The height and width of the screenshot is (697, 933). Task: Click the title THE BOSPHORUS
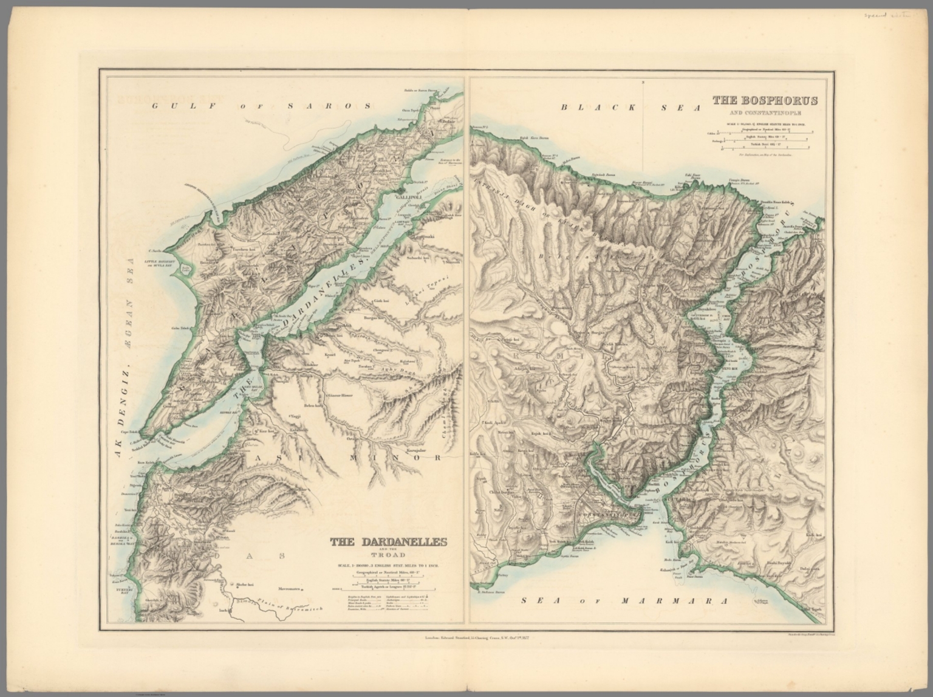765,101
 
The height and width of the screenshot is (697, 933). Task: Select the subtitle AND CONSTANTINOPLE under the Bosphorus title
765,113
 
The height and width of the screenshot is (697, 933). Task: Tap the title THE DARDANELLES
388,543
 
